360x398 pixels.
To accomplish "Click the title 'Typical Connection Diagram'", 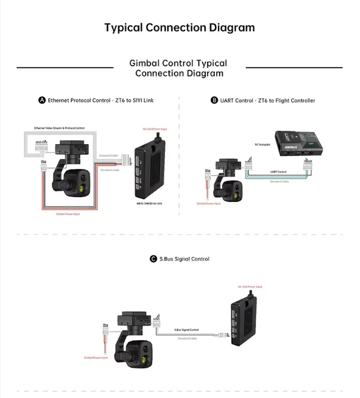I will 179,27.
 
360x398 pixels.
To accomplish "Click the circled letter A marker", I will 42,100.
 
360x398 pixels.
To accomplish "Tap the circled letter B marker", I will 214,100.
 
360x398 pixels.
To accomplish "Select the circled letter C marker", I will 153,259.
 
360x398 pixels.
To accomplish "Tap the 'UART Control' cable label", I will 279,172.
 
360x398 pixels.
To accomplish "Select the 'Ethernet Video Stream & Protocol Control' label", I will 59,128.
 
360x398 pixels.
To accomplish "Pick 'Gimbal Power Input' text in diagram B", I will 208,203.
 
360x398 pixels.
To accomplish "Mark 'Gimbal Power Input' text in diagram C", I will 96,358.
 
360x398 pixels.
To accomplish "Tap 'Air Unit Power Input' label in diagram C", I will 250,286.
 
